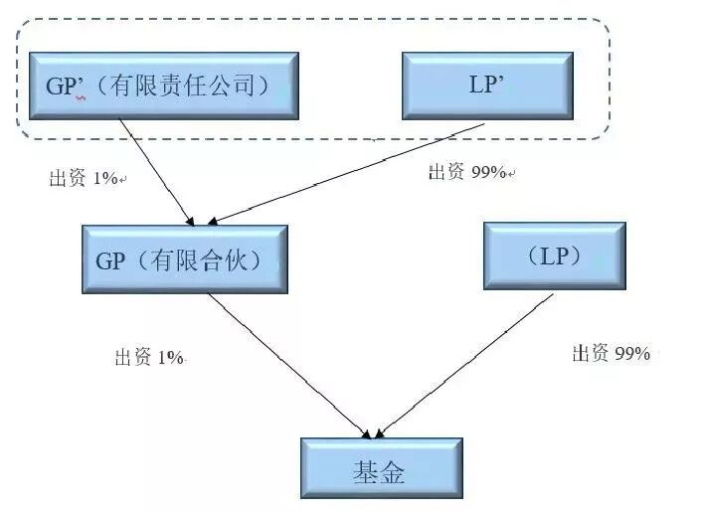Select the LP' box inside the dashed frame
486,85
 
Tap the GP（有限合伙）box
186,260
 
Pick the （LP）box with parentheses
555,256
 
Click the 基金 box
382,468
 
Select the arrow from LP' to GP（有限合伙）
348,173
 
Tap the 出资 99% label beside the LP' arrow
468,172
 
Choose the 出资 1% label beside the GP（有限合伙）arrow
149,358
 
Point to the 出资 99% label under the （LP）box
611,353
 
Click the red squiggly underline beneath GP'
79,98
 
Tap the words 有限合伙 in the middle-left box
204,260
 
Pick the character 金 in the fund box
395,469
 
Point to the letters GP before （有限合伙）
109,261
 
